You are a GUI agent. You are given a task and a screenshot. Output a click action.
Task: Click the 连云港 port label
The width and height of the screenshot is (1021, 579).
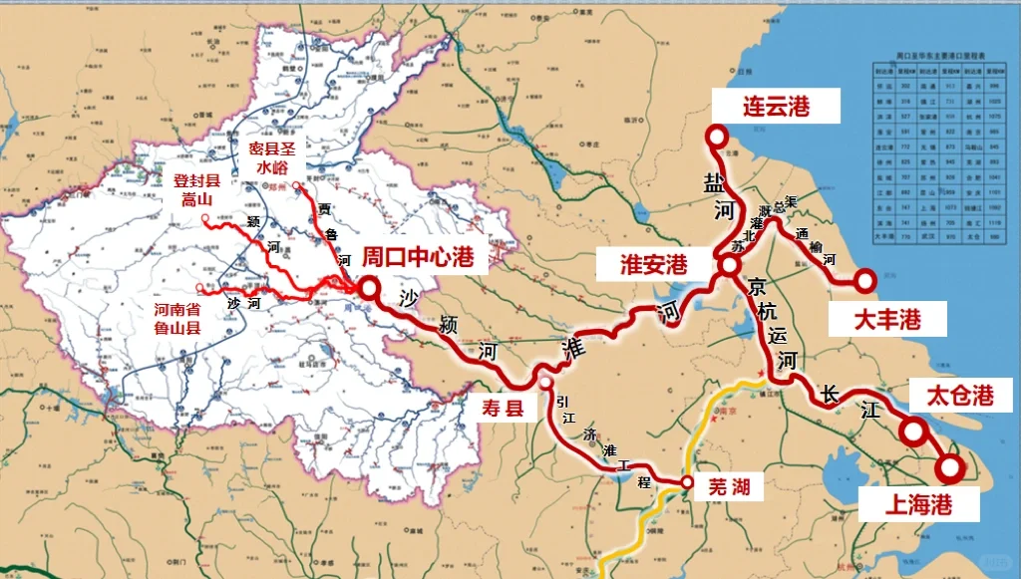[x=776, y=106]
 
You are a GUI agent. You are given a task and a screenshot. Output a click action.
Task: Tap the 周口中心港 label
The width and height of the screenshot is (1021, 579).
[x=417, y=256]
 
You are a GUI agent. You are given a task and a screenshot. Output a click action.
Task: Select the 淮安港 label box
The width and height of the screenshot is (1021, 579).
[x=654, y=264]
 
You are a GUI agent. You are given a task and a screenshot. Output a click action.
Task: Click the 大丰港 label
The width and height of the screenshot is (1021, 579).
[x=872, y=319]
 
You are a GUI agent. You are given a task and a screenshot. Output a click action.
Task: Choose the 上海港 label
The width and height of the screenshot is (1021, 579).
[x=918, y=504]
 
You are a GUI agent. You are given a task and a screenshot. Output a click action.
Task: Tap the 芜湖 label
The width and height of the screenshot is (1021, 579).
[x=735, y=486]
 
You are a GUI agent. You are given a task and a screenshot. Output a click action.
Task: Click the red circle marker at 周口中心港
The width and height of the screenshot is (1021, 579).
[x=369, y=288]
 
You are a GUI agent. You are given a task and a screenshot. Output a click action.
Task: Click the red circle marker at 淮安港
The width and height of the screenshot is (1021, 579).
[x=729, y=266]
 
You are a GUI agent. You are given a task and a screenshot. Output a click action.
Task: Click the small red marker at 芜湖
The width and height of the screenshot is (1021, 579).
[x=687, y=484]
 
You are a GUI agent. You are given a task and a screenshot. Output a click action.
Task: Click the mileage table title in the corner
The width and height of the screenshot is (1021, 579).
[x=940, y=58]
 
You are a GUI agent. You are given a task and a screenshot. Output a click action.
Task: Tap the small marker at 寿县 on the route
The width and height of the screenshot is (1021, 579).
[x=545, y=382]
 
